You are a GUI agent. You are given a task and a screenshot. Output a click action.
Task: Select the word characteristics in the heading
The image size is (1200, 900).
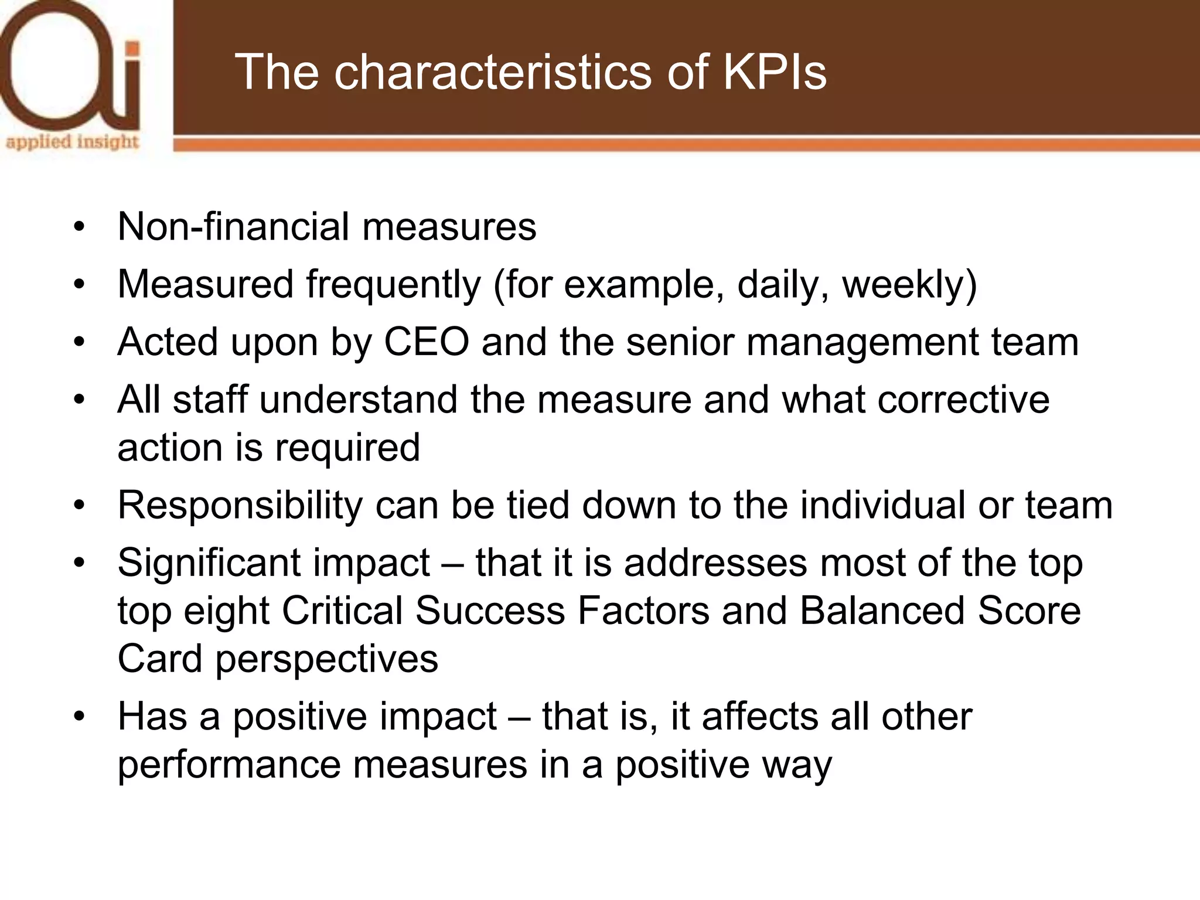pos(493,72)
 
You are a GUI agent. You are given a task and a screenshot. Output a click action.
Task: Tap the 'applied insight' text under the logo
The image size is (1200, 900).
pos(73,142)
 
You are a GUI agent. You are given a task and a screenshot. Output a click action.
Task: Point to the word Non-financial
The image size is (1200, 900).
pos(234,227)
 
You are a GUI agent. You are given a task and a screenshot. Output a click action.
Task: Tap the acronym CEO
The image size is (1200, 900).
pos(427,342)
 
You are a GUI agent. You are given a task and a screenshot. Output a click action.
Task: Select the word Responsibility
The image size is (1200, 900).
pos(240,506)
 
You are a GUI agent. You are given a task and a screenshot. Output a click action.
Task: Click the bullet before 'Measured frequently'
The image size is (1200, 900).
pos(80,285)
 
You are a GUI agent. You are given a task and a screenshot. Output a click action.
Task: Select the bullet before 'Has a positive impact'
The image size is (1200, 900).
pos(80,717)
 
